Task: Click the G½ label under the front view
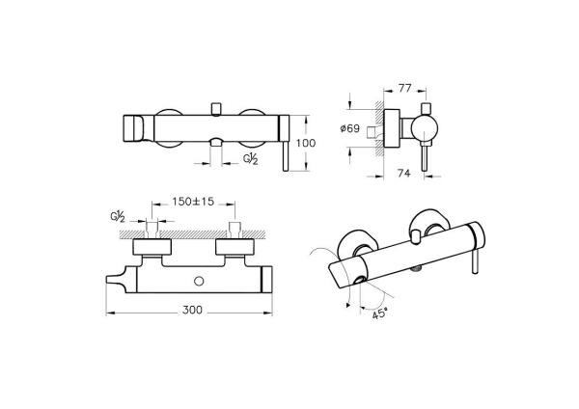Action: pos(250,157)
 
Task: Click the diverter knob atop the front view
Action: pos(217,104)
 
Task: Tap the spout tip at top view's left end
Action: pos(115,282)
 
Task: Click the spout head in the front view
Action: pos(134,126)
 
